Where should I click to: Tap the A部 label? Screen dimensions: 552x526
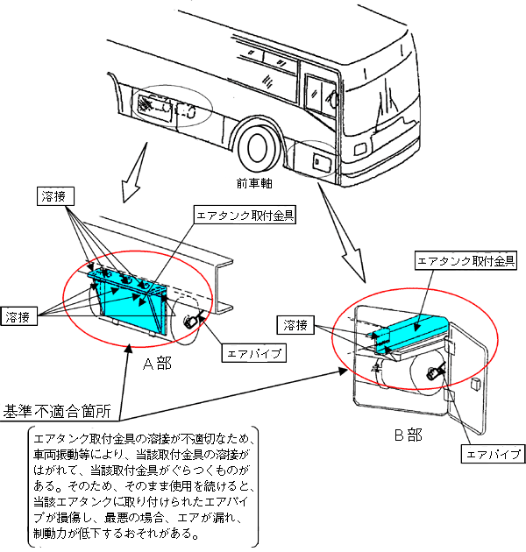[x=159, y=361]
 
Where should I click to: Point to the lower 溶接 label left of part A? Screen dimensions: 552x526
[x=19, y=315]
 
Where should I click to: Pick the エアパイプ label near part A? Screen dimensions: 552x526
[x=253, y=354]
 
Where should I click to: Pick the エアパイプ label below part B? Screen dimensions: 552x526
[x=493, y=455]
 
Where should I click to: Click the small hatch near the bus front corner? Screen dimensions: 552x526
[x=316, y=161]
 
